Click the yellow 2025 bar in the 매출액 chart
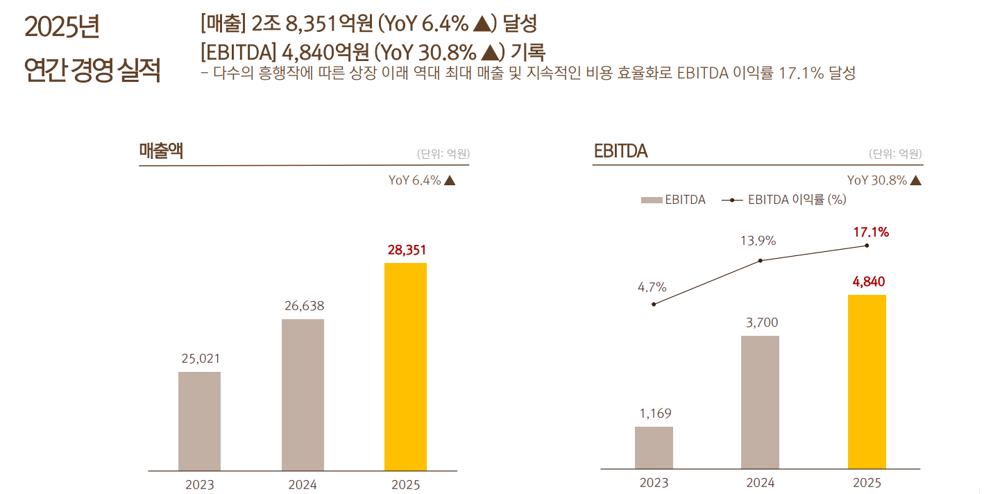(x=405, y=367)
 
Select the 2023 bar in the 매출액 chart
(x=199, y=421)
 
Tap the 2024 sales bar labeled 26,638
(x=303, y=395)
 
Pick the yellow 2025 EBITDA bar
(x=867, y=382)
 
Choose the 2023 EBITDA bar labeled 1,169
(x=654, y=448)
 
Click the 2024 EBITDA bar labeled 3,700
(x=760, y=402)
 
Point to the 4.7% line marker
(x=654, y=304)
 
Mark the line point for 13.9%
(x=761, y=260)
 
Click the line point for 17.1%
(x=867, y=246)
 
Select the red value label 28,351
(x=406, y=250)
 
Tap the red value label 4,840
(x=867, y=282)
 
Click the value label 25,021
(x=201, y=359)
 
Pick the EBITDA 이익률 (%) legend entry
(x=783, y=200)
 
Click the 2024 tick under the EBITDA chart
(x=760, y=483)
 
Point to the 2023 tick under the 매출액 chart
(x=199, y=484)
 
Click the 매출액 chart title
(x=161, y=151)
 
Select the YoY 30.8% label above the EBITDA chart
(x=884, y=180)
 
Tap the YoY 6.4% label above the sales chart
(x=422, y=180)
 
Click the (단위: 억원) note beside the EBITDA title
(x=895, y=154)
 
